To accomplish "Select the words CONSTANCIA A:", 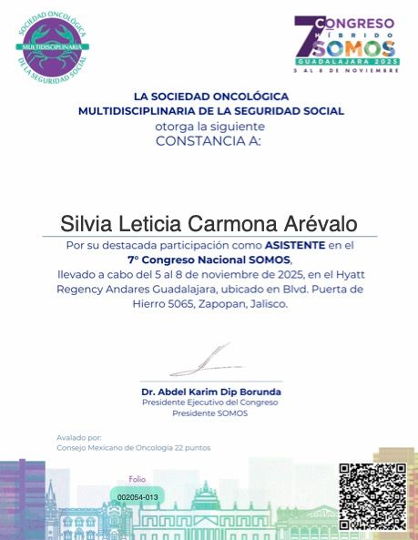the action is click(209, 141).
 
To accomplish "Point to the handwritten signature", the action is click(202, 361).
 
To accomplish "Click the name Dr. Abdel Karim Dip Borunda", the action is click(211, 392).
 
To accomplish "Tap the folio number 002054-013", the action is click(138, 496).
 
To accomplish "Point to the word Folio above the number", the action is click(137, 479).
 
